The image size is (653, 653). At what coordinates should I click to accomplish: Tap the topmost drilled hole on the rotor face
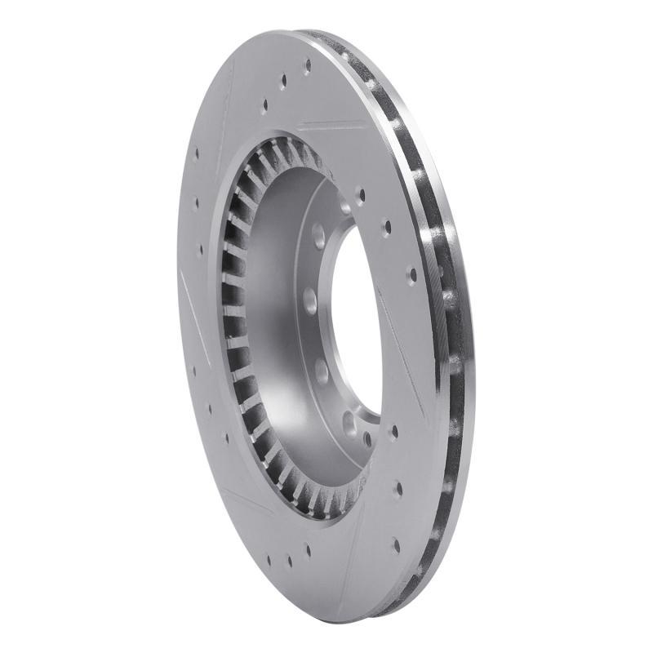pos(307,62)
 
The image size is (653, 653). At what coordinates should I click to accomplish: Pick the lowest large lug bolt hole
pos(349,422)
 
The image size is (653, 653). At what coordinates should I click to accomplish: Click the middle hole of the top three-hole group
pos(284,82)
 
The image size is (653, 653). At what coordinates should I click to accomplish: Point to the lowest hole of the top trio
pos(264,104)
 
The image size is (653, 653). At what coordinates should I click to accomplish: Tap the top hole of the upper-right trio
pos(360,195)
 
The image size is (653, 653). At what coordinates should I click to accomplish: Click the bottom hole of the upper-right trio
pos(411,275)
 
